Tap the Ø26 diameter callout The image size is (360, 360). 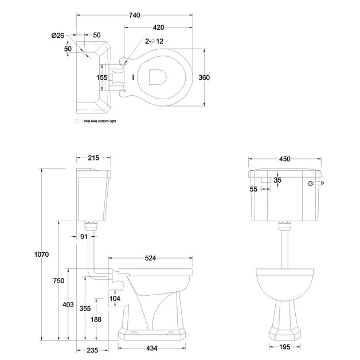58,35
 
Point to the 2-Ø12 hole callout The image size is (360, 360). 154,41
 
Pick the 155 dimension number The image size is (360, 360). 102,77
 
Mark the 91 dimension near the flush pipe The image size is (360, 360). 84,237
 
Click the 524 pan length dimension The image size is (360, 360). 150,258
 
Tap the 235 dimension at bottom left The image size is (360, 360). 92,350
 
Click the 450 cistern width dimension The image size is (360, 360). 284,159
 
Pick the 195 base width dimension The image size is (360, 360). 284,346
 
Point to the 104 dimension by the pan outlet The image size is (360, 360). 115,299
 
